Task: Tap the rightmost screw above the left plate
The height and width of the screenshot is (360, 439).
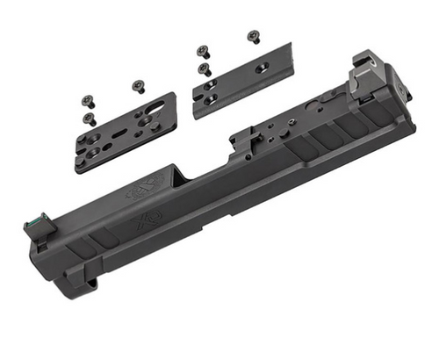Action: (137, 86)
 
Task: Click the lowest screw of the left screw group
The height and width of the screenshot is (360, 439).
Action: (90, 119)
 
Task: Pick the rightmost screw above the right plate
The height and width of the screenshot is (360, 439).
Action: (254, 35)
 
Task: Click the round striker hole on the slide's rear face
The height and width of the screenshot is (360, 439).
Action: (399, 90)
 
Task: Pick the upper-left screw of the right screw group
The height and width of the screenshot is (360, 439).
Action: (203, 50)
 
